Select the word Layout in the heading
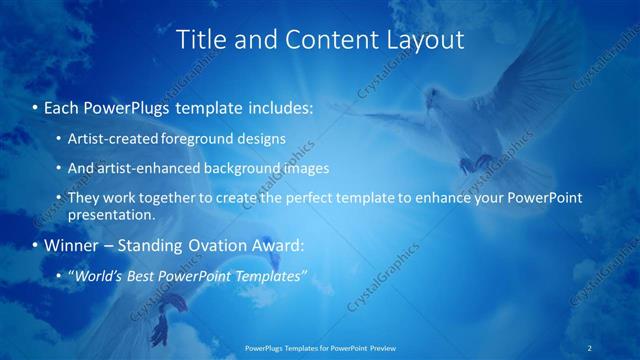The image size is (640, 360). coord(424,40)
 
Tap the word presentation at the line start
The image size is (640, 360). coord(112,214)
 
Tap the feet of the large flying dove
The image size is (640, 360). coord(482,160)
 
